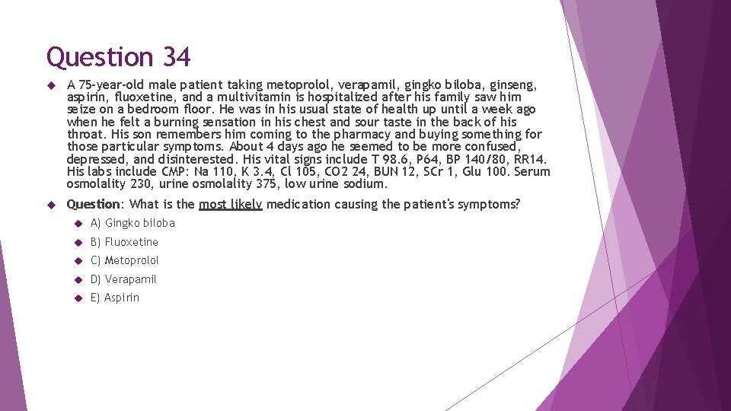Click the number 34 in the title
tap(176, 57)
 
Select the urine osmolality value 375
tap(263, 183)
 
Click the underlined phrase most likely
tap(230, 204)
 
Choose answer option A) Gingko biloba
tap(132, 223)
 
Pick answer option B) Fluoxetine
tap(124, 242)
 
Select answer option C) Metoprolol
tap(125, 260)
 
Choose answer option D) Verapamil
tap(123, 279)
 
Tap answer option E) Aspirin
tap(115, 298)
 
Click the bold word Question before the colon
tap(94, 204)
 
